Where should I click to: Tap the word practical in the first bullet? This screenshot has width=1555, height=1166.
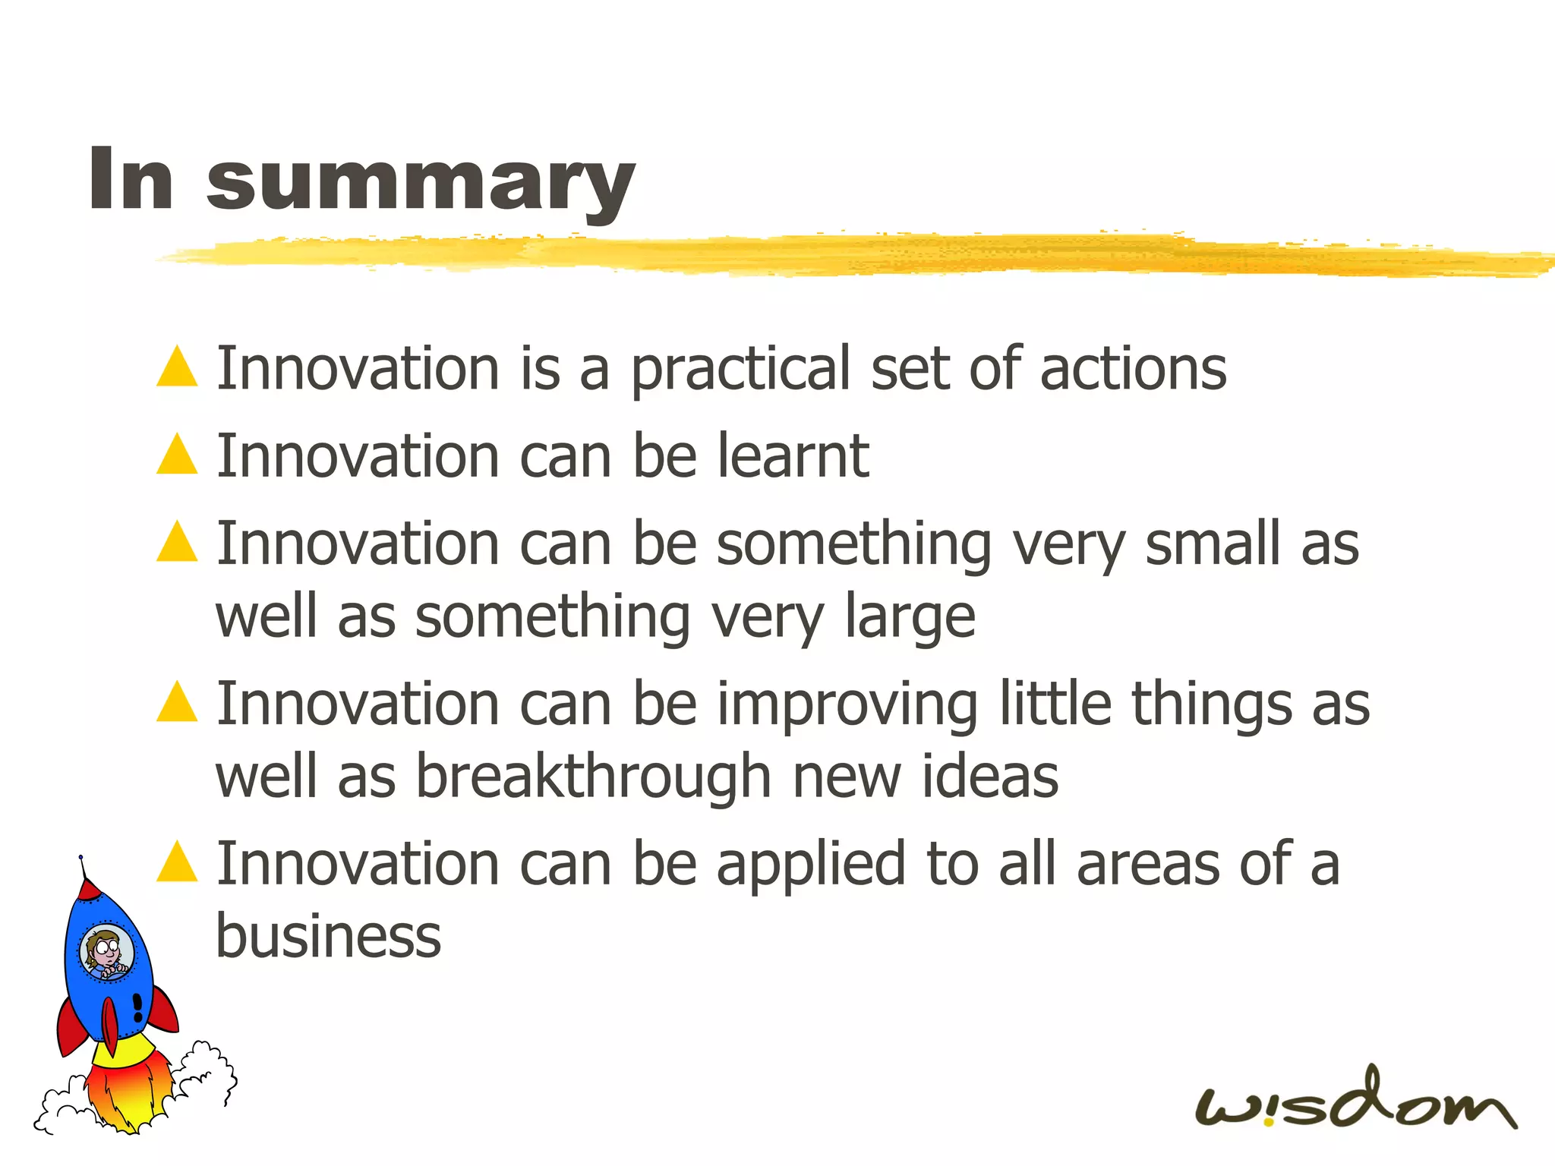pos(740,370)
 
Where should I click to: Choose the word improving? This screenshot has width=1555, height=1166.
pos(847,705)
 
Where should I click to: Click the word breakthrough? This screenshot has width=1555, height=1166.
pos(594,777)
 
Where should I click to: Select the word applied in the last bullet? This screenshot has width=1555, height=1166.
pos(810,865)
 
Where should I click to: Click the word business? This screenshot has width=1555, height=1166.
pos(328,936)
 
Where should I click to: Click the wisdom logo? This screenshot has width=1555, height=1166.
pos(1355,1101)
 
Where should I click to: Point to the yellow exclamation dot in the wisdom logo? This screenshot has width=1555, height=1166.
pos(1269,1120)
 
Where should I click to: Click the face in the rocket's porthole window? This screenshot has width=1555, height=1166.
pos(106,953)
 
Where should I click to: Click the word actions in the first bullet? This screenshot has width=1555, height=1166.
pos(1133,369)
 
